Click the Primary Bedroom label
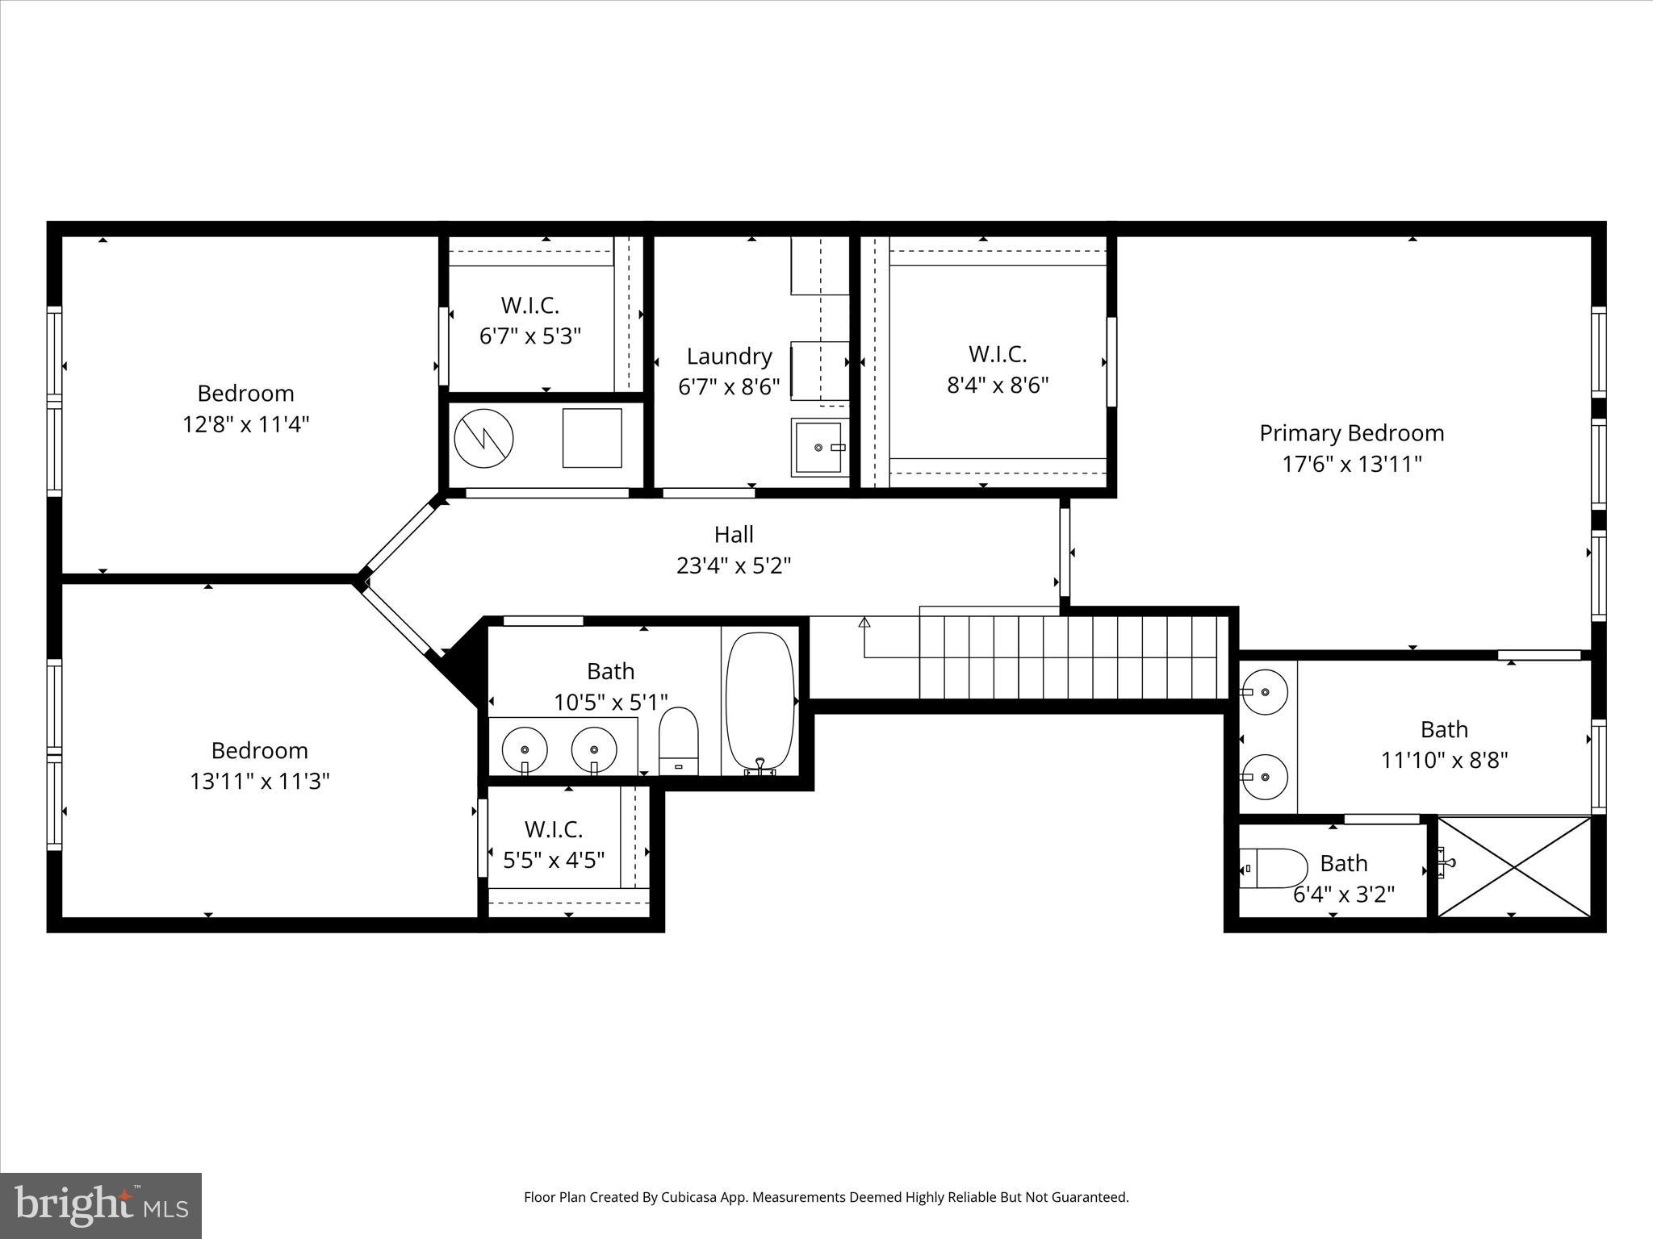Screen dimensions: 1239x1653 1351,433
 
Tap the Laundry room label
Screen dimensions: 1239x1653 729,356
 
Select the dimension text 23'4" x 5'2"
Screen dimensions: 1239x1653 733,565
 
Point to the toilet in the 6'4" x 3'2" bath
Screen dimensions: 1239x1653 1273,868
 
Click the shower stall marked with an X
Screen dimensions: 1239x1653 1514,867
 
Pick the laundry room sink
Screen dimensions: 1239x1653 818,447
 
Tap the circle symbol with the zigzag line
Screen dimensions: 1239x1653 483,438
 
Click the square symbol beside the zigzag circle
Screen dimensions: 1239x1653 592,438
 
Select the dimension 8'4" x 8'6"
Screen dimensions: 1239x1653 997,385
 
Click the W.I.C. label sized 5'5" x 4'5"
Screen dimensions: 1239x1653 553,829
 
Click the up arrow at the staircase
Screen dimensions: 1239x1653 864,623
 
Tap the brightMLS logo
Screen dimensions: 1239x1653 101,1205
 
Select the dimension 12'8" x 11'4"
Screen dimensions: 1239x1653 245,424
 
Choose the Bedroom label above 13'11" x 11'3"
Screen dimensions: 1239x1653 259,750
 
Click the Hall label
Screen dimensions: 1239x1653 733,534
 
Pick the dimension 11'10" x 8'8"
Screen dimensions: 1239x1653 1443,760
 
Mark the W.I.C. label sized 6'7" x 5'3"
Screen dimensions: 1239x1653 529,305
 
